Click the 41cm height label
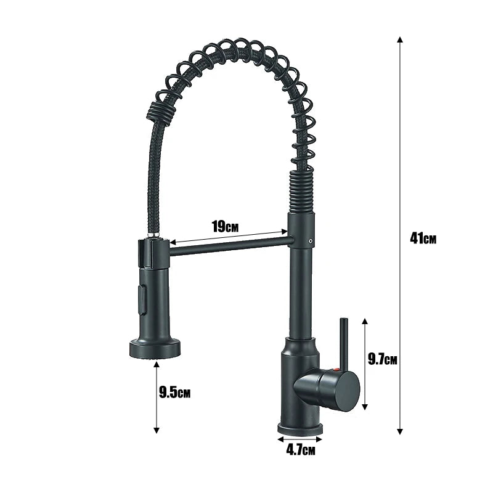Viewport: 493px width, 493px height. pyautogui.click(x=423, y=238)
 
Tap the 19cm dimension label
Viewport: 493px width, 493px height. pyautogui.click(x=226, y=226)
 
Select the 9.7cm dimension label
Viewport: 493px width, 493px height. pyautogui.click(x=382, y=359)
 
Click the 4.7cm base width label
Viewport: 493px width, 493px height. pyautogui.click(x=300, y=451)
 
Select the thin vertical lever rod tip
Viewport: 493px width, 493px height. pyautogui.click(x=343, y=322)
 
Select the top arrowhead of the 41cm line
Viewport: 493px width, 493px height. pyautogui.click(x=401, y=39)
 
